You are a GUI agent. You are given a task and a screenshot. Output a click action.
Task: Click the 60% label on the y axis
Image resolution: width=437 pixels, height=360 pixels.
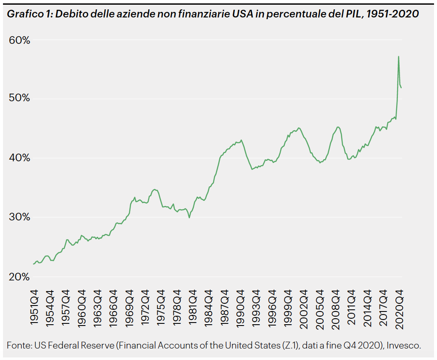(19, 40)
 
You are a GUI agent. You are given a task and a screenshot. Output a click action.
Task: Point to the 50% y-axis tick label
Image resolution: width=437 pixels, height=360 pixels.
(19, 98)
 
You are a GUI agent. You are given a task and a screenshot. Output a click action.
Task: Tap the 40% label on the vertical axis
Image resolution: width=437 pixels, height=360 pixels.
(19, 158)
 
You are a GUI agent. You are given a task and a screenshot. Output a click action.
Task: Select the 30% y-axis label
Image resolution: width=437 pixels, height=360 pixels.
(19, 217)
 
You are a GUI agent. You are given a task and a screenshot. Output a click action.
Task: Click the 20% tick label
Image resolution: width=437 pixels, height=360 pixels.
(19, 277)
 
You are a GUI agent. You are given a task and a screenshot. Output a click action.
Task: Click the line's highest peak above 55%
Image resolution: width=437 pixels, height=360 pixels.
(398, 56)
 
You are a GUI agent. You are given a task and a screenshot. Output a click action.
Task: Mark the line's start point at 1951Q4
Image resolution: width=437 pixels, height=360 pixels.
(34, 264)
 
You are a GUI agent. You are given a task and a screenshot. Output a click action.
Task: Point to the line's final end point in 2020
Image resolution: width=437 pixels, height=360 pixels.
(402, 88)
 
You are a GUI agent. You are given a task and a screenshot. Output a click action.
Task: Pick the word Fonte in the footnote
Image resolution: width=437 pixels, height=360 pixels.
(18, 345)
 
